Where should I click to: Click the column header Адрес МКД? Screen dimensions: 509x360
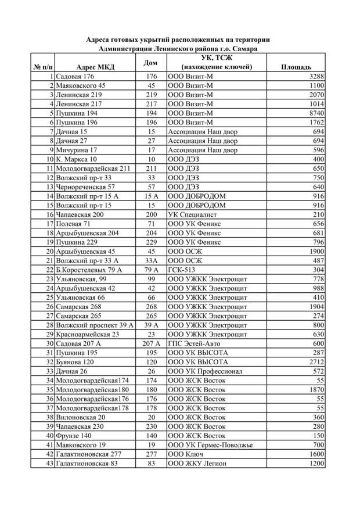pos(95,67)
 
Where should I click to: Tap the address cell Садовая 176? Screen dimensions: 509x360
pos(75,77)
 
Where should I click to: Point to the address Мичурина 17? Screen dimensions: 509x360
pos(76,150)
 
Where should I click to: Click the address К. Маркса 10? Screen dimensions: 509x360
pos(77,159)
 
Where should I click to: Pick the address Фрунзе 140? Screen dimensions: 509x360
pos(74,436)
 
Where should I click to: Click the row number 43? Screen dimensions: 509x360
pos(50,464)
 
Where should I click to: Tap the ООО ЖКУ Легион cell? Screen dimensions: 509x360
pos(197,464)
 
